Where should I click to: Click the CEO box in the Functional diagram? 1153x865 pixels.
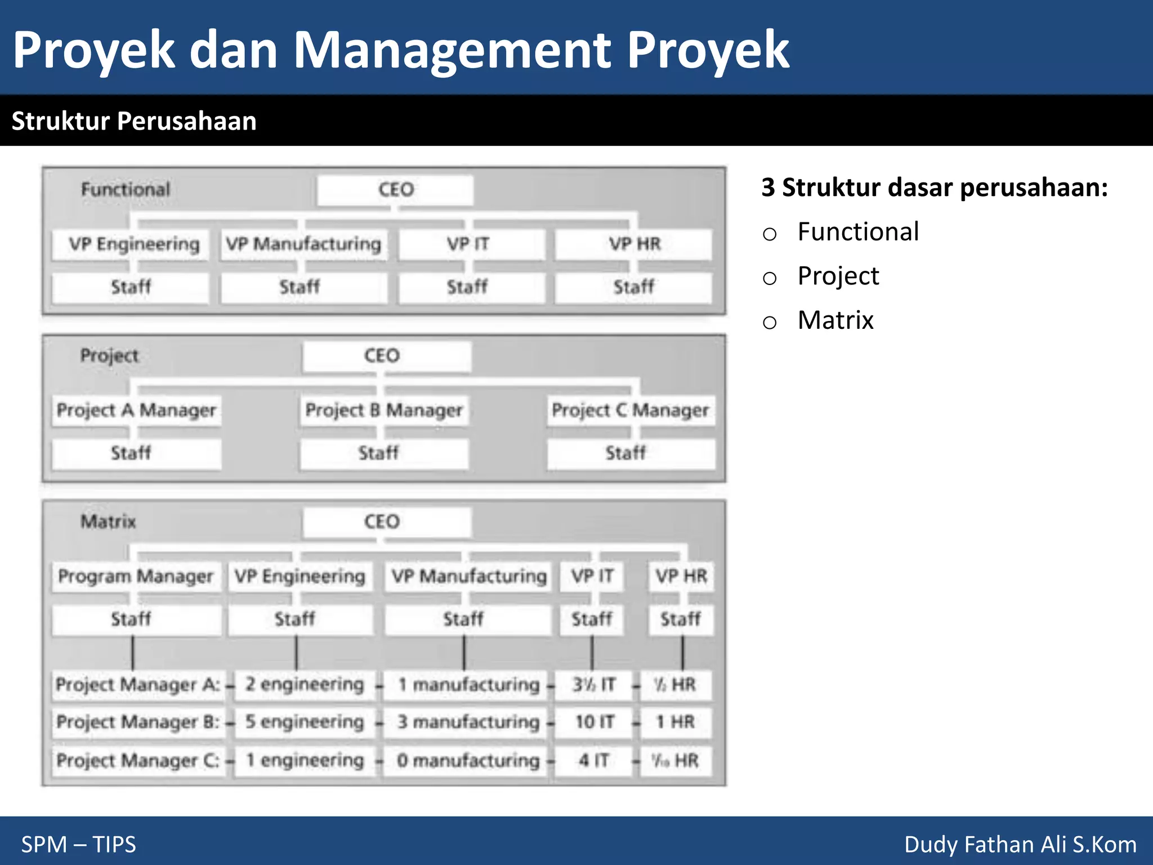click(395, 190)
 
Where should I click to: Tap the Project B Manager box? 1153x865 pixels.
click(384, 410)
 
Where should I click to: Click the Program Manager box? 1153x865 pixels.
click(136, 576)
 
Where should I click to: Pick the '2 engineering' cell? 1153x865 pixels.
click(305, 684)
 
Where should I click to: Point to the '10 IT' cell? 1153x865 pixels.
click(594, 722)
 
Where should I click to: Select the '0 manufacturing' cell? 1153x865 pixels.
click(467, 760)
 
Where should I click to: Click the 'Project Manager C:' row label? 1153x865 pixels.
click(138, 760)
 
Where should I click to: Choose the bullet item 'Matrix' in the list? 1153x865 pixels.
click(835, 320)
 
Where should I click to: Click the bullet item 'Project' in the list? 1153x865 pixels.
click(838, 276)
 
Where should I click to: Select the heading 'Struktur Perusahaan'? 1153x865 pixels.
click(134, 121)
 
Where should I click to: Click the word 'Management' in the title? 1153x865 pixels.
click(452, 51)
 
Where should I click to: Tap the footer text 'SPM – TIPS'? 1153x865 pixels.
click(79, 844)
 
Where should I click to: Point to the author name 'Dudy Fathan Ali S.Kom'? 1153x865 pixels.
click(1020, 844)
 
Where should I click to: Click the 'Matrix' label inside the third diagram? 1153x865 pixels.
click(108, 521)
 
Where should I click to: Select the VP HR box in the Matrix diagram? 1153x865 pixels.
click(681, 576)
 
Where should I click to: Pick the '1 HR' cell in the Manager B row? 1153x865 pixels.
click(675, 722)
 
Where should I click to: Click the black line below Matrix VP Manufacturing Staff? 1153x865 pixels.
click(464, 653)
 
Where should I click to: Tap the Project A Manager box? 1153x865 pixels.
click(136, 410)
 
